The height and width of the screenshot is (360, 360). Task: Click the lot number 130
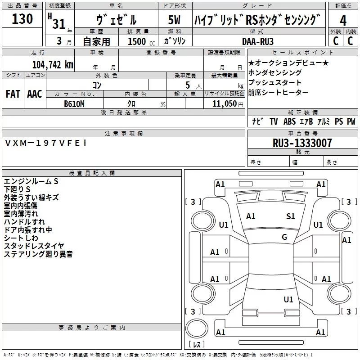(22, 19)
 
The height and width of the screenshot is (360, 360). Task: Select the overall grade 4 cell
(343, 21)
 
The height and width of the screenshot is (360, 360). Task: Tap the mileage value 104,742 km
(53, 64)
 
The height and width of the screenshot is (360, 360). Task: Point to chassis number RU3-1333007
(302, 143)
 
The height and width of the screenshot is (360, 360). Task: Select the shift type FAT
(13, 94)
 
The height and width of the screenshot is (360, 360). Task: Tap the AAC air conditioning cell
(35, 94)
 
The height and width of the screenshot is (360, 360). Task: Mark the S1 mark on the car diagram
(291, 216)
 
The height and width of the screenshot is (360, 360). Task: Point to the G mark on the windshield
(284, 237)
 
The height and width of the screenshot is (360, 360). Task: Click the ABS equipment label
(289, 121)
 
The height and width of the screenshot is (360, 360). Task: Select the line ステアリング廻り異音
(38, 254)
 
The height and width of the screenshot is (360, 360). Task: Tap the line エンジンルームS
(31, 181)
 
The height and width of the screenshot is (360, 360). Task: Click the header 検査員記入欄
(92, 173)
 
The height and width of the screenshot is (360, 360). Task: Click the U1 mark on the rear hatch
(288, 299)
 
